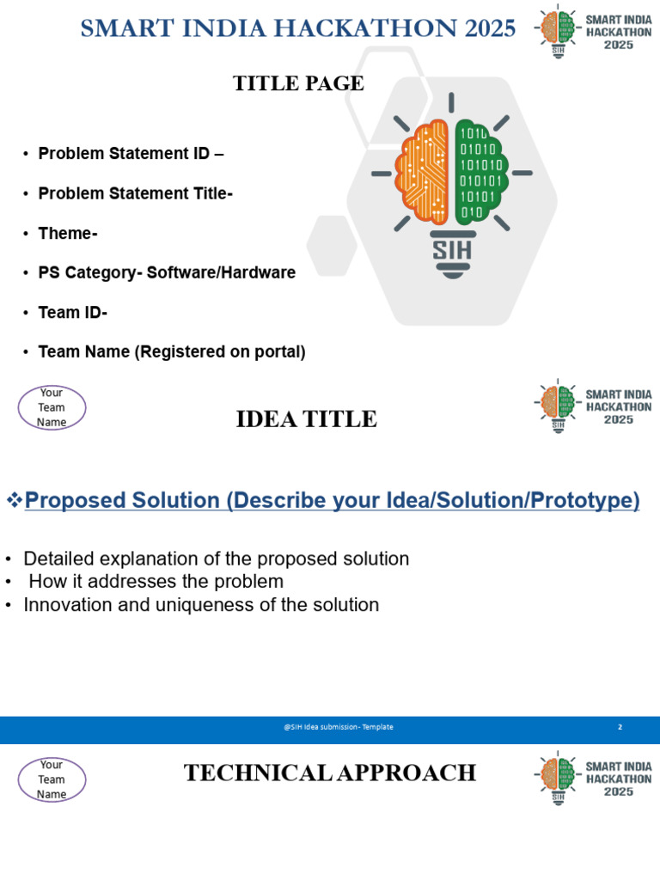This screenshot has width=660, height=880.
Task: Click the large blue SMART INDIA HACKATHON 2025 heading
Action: pos(297,28)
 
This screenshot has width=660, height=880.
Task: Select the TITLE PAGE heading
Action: pos(298,83)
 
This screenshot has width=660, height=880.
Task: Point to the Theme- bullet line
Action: pos(68,234)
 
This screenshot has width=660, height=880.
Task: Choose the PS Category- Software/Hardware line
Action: pos(167,273)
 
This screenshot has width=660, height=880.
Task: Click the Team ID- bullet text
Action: pos(73,313)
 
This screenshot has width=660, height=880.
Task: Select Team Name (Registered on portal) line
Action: pos(172,352)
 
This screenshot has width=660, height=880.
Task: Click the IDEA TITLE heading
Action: pos(306,419)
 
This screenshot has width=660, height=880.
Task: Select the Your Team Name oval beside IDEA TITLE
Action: pos(52,407)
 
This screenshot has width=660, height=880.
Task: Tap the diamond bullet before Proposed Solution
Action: pos(13,500)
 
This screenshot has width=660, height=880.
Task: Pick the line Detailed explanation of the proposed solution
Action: pos(216,559)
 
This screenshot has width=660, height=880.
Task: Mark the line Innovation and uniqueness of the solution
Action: pos(201,605)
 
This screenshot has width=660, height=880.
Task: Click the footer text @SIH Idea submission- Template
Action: pos(339,727)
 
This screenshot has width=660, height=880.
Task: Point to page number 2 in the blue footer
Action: pos(620,727)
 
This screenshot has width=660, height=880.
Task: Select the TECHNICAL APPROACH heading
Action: pos(330,773)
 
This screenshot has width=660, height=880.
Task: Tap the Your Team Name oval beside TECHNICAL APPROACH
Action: pos(52,779)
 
